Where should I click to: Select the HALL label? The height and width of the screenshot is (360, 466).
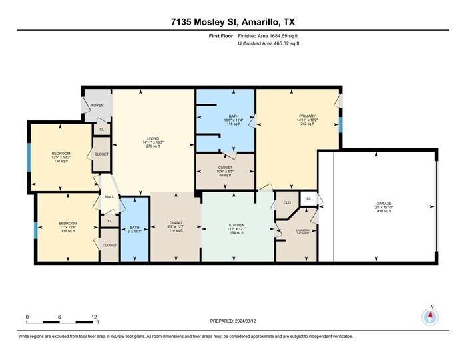pyautogui.click(x=109, y=196)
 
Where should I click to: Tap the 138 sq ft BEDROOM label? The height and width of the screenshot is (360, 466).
pyautogui.click(x=61, y=156)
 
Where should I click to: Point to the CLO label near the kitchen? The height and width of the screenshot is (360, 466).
pyautogui.click(x=288, y=202)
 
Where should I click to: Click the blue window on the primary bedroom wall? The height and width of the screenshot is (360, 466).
pyautogui.click(x=340, y=124)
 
